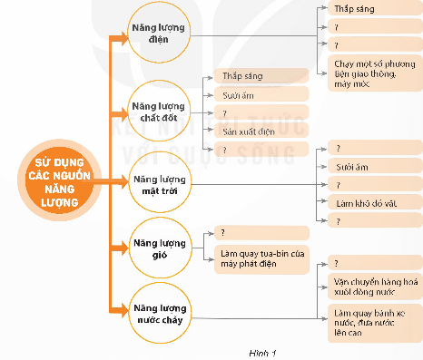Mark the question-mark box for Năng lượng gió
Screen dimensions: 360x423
(x=260, y=233)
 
